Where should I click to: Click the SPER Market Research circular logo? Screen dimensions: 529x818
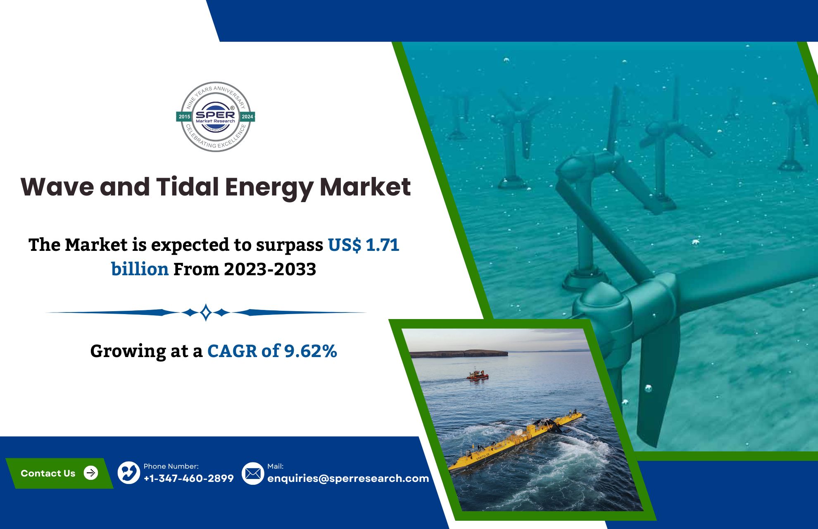pyautogui.click(x=216, y=117)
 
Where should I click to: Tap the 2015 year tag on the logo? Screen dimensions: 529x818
pyautogui.click(x=184, y=117)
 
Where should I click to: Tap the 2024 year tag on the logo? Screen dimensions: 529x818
pyautogui.click(x=247, y=117)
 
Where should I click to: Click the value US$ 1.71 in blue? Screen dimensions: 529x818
pyautogui.click(x=364, y=245)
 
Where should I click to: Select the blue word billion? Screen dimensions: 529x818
pyautogui.click(x=140, y=269)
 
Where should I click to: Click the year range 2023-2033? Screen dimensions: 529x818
pyautogui.click(x=270, y=269)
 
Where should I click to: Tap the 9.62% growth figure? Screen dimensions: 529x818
pyautogui.click(x=310, y=351)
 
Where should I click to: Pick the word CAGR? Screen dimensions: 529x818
pyautogui.click(x=232, y=351)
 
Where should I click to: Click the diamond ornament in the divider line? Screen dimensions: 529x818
pyautogui.click(x=206, y=312)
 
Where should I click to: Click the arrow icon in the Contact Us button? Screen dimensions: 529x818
pyautogui.click(x=91, y=473)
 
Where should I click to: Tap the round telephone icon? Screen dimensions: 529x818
pyautogui.click(x=129, y=473)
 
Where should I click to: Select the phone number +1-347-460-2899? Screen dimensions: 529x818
pyautogui.click(x=188, y=478)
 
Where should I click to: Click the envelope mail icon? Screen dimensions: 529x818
pyautogui.click(x=253, y=473)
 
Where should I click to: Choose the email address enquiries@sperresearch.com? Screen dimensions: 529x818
pyautogui.click(x=348, y=478)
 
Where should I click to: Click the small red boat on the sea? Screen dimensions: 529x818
pyautogui.click(x=478, y=375)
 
